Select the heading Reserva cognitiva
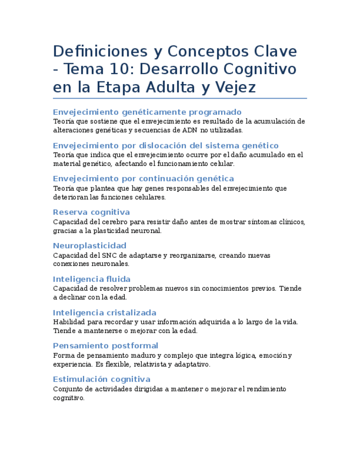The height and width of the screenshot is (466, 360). click(x=91, y=212)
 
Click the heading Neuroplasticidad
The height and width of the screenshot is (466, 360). click(x=90, y=246)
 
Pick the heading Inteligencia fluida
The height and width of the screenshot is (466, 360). click(x=92, y=279)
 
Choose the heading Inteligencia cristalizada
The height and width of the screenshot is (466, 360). click(x=104, y=313)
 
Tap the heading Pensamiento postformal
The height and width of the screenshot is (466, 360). click(x=106, y=346)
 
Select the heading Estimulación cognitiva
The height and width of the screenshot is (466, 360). click(x=102, y=379)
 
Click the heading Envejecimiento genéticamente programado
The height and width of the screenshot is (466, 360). click(x=147, y=112)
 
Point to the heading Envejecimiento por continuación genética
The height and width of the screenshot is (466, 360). click(x=143, y=179)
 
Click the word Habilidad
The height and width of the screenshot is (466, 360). click(x=68, y=322)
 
